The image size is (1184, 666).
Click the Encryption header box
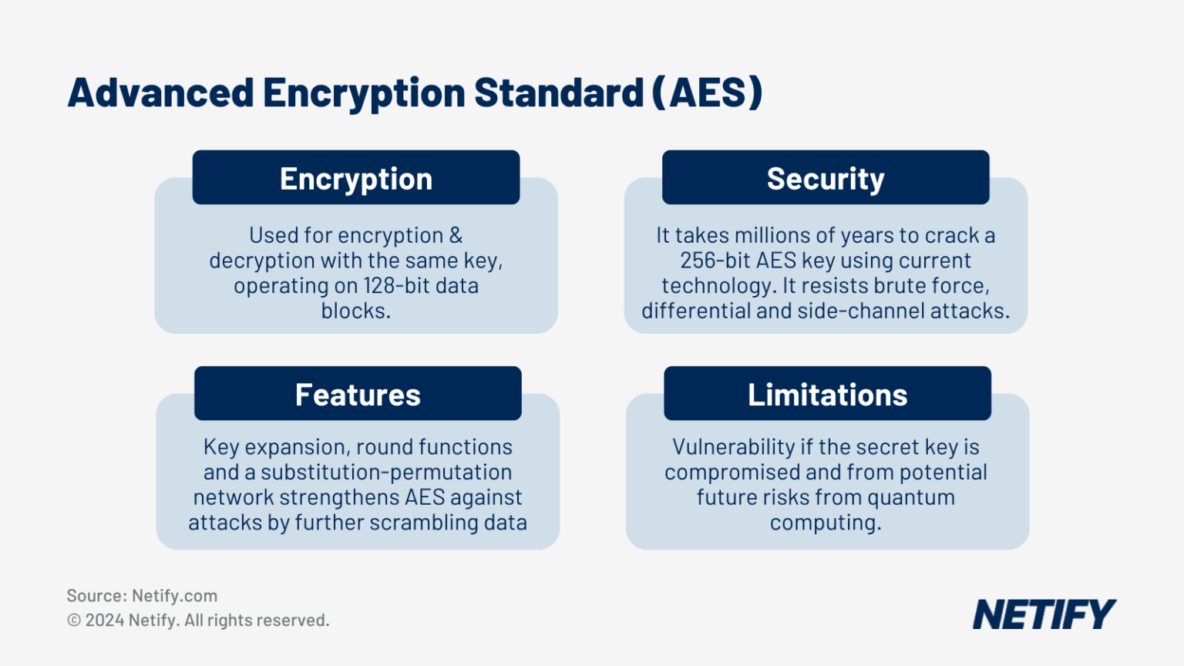click(355, 177)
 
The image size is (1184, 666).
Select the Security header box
click(826, 177)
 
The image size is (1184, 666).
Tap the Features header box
click(358, 393)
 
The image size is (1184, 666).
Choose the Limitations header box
click(828, 393)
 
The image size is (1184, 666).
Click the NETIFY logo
click(1044, 614)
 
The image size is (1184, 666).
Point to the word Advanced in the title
click(160, 92)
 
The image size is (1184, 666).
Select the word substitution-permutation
click(386, 473)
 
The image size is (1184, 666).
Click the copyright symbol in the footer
click(74, 621)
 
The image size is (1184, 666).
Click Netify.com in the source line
click(174, 596)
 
